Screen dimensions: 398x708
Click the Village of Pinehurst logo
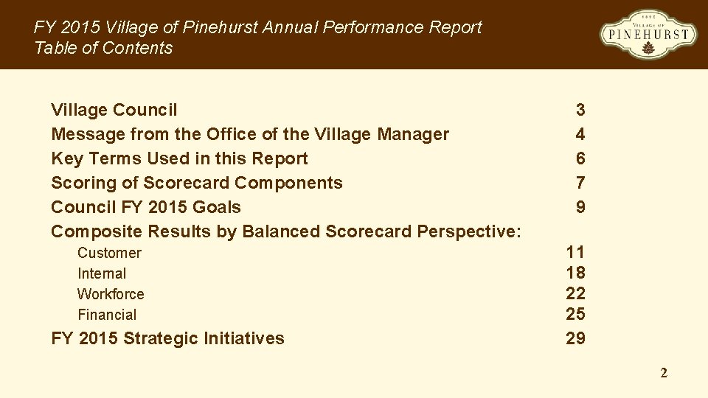648,35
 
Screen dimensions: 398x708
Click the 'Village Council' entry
114,110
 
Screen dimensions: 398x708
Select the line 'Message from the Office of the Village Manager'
249,134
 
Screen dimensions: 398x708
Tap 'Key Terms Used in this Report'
179,158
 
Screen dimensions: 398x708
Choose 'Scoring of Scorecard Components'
196,183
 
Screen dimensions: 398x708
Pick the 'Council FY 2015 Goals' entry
146,207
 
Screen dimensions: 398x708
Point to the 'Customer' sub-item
109,253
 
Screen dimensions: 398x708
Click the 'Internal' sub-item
102,273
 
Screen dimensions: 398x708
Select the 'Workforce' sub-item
111,294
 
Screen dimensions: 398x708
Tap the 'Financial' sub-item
107,315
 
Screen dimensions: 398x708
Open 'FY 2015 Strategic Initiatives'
167,338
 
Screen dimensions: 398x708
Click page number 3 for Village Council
580,110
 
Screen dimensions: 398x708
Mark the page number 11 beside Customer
575,253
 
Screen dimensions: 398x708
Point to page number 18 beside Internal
575,273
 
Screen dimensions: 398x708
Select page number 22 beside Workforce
575,294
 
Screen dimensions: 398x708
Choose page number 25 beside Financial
575,315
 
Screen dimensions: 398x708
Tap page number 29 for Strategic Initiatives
575,338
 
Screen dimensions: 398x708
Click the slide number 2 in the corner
664,374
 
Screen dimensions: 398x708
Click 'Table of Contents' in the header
103,48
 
